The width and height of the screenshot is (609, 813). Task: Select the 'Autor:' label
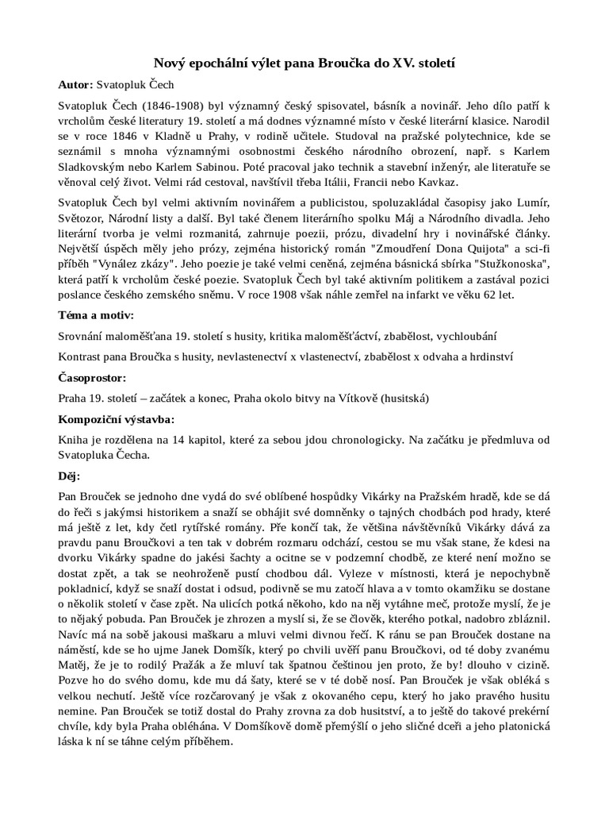[76, 84]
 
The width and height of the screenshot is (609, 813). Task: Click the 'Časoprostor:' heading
[93, 377]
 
